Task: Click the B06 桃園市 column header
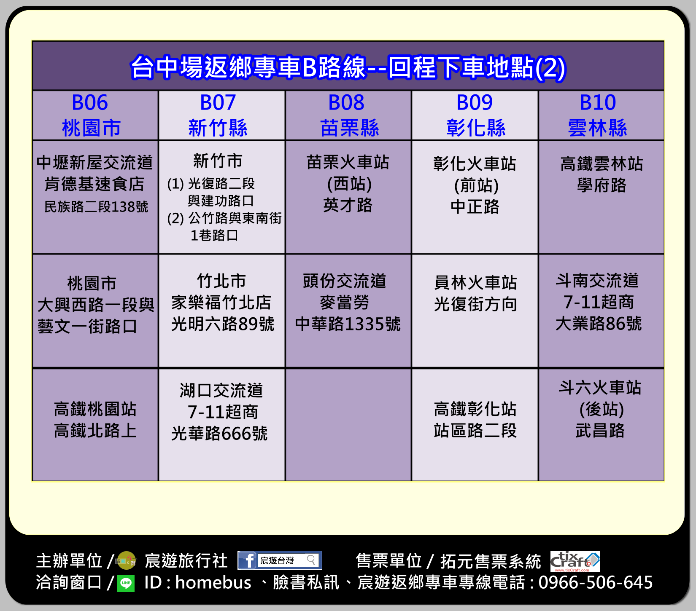coord(95,115)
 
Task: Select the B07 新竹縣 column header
coord(222,115)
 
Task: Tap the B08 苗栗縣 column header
coord(348,115)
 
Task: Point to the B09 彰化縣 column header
coord(475,115)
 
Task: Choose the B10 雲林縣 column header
coord(602,115)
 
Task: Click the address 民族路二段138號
coord(96,207)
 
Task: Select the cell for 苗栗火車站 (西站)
coord(348,197)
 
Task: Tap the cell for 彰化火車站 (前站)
coord(475,197)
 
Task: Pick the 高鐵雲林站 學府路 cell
coord(602,197)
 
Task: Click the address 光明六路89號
coord(223,324)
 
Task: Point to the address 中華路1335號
coord(348,324)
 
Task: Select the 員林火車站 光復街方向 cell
coord(475,311)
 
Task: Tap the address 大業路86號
coord(599,324)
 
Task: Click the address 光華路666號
coord(219,433)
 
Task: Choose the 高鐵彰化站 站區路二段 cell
coord(475,425)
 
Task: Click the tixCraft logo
coord(575,561)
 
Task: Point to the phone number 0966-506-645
coord(596,582)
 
